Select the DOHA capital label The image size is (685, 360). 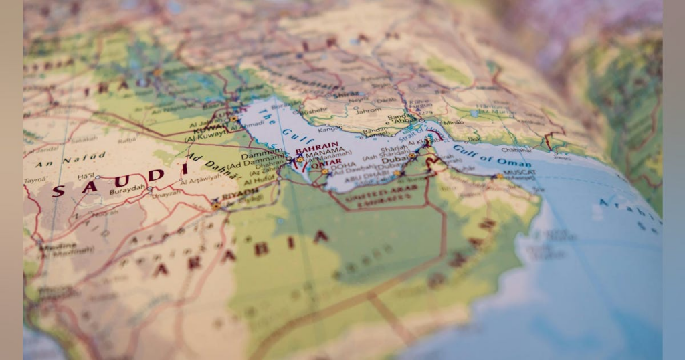(342, 166)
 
